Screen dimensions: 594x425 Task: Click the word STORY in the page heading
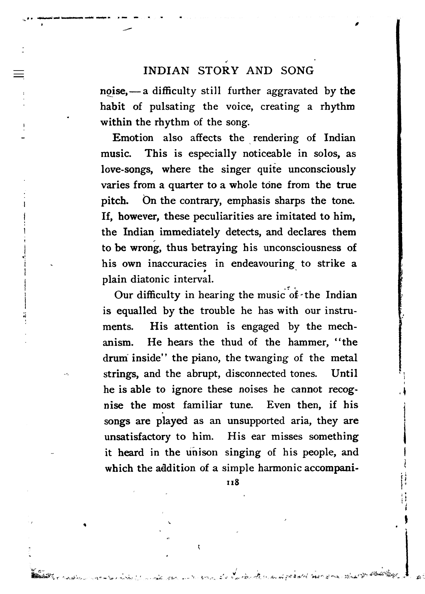(218, 71)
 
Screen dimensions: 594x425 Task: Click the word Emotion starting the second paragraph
(133, 138)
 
